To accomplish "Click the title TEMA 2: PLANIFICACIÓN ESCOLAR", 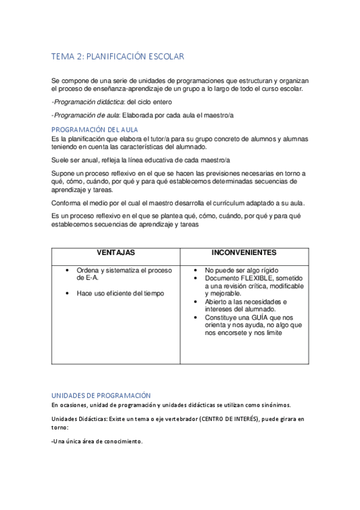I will [117, 57].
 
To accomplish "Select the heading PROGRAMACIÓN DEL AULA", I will [95, 129].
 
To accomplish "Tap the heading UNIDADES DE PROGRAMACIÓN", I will [100, 395].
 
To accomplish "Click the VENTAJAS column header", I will [115, 253].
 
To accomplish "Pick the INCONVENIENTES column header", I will [244, 253].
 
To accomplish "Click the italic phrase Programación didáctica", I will [84, 102].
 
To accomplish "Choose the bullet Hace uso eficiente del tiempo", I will [120, 293].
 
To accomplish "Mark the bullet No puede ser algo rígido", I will [242, 271].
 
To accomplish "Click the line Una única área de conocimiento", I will [98, 441].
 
